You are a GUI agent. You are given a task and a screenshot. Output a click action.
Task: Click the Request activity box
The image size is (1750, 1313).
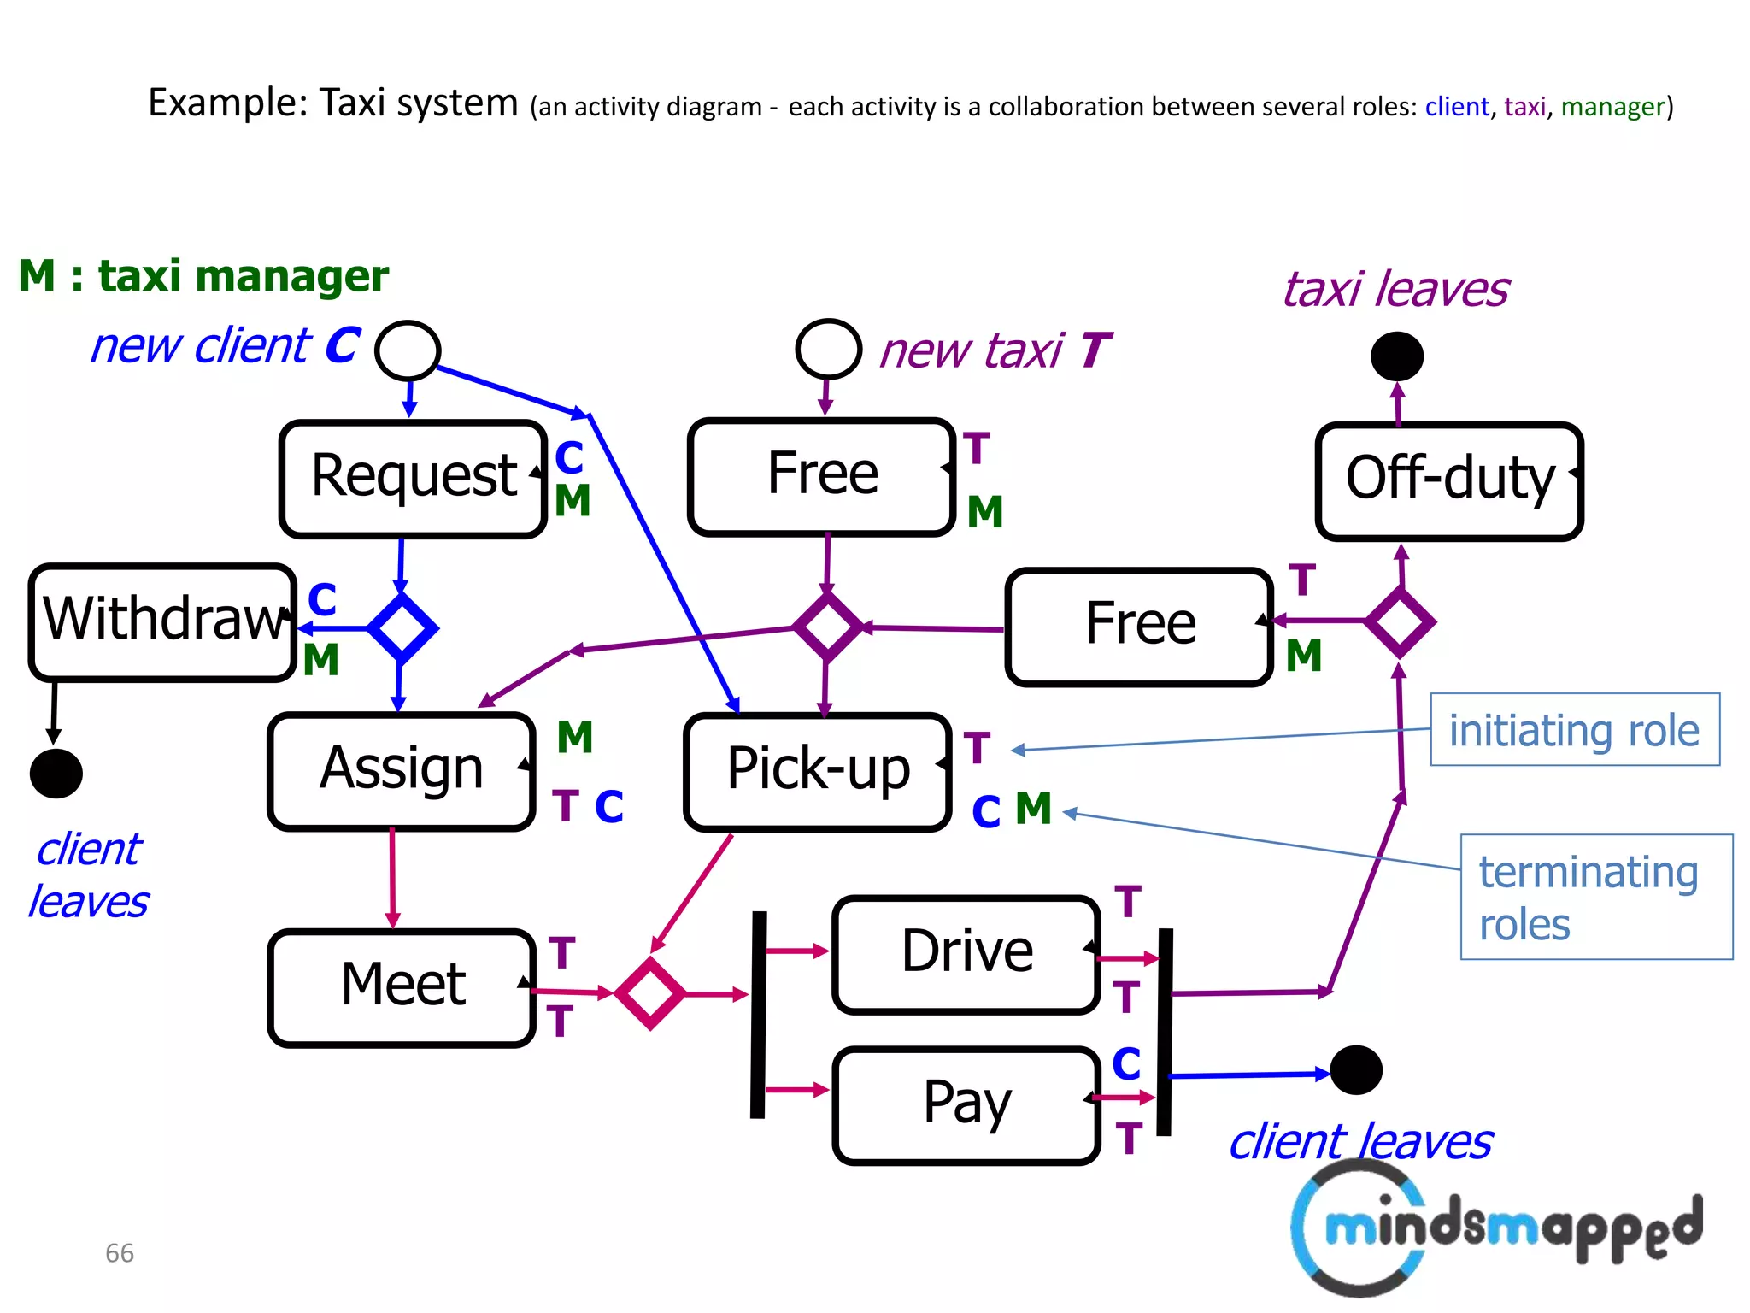point(413,478)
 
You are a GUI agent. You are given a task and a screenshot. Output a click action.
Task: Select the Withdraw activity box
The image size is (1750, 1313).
point(162,621)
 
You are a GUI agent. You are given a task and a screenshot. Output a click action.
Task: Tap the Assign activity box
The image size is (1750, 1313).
point(401,770)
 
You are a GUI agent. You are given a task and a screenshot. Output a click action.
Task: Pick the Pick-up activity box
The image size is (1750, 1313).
point(817,770)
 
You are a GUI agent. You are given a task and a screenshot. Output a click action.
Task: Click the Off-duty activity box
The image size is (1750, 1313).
point(1449,481)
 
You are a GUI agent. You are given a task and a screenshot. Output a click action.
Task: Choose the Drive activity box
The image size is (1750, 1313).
point(966,954)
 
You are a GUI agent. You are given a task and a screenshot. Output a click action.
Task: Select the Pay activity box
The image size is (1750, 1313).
point(966,1104)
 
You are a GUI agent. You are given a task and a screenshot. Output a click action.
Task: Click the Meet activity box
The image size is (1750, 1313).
point(401,986)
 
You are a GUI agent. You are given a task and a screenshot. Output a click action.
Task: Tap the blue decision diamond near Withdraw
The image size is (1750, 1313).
point(402,628)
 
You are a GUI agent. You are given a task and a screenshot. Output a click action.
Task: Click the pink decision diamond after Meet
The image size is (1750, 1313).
point(649,993)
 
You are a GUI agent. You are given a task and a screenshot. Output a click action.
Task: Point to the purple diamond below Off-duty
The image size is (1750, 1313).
point(1400,621)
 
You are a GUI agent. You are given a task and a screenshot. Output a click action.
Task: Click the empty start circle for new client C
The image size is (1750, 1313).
point(408,350)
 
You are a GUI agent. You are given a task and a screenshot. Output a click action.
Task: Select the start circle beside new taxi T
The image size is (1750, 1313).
point(827,349)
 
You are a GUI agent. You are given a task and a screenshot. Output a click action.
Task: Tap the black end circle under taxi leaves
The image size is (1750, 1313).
point(1397,356)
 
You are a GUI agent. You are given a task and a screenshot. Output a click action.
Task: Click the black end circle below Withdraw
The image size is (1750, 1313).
point(56,774)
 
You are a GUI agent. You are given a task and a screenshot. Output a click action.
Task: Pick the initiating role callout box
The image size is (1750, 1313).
point(1574,729)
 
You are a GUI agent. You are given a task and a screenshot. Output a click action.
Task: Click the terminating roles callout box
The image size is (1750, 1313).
point(1595,897)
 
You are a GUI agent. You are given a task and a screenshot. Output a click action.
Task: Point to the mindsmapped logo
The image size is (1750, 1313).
point(1495,1228)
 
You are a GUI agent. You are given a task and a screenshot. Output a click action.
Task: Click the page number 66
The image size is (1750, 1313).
point(120,1253)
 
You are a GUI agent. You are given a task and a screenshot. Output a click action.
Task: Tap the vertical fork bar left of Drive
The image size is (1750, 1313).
point(758,1015)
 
